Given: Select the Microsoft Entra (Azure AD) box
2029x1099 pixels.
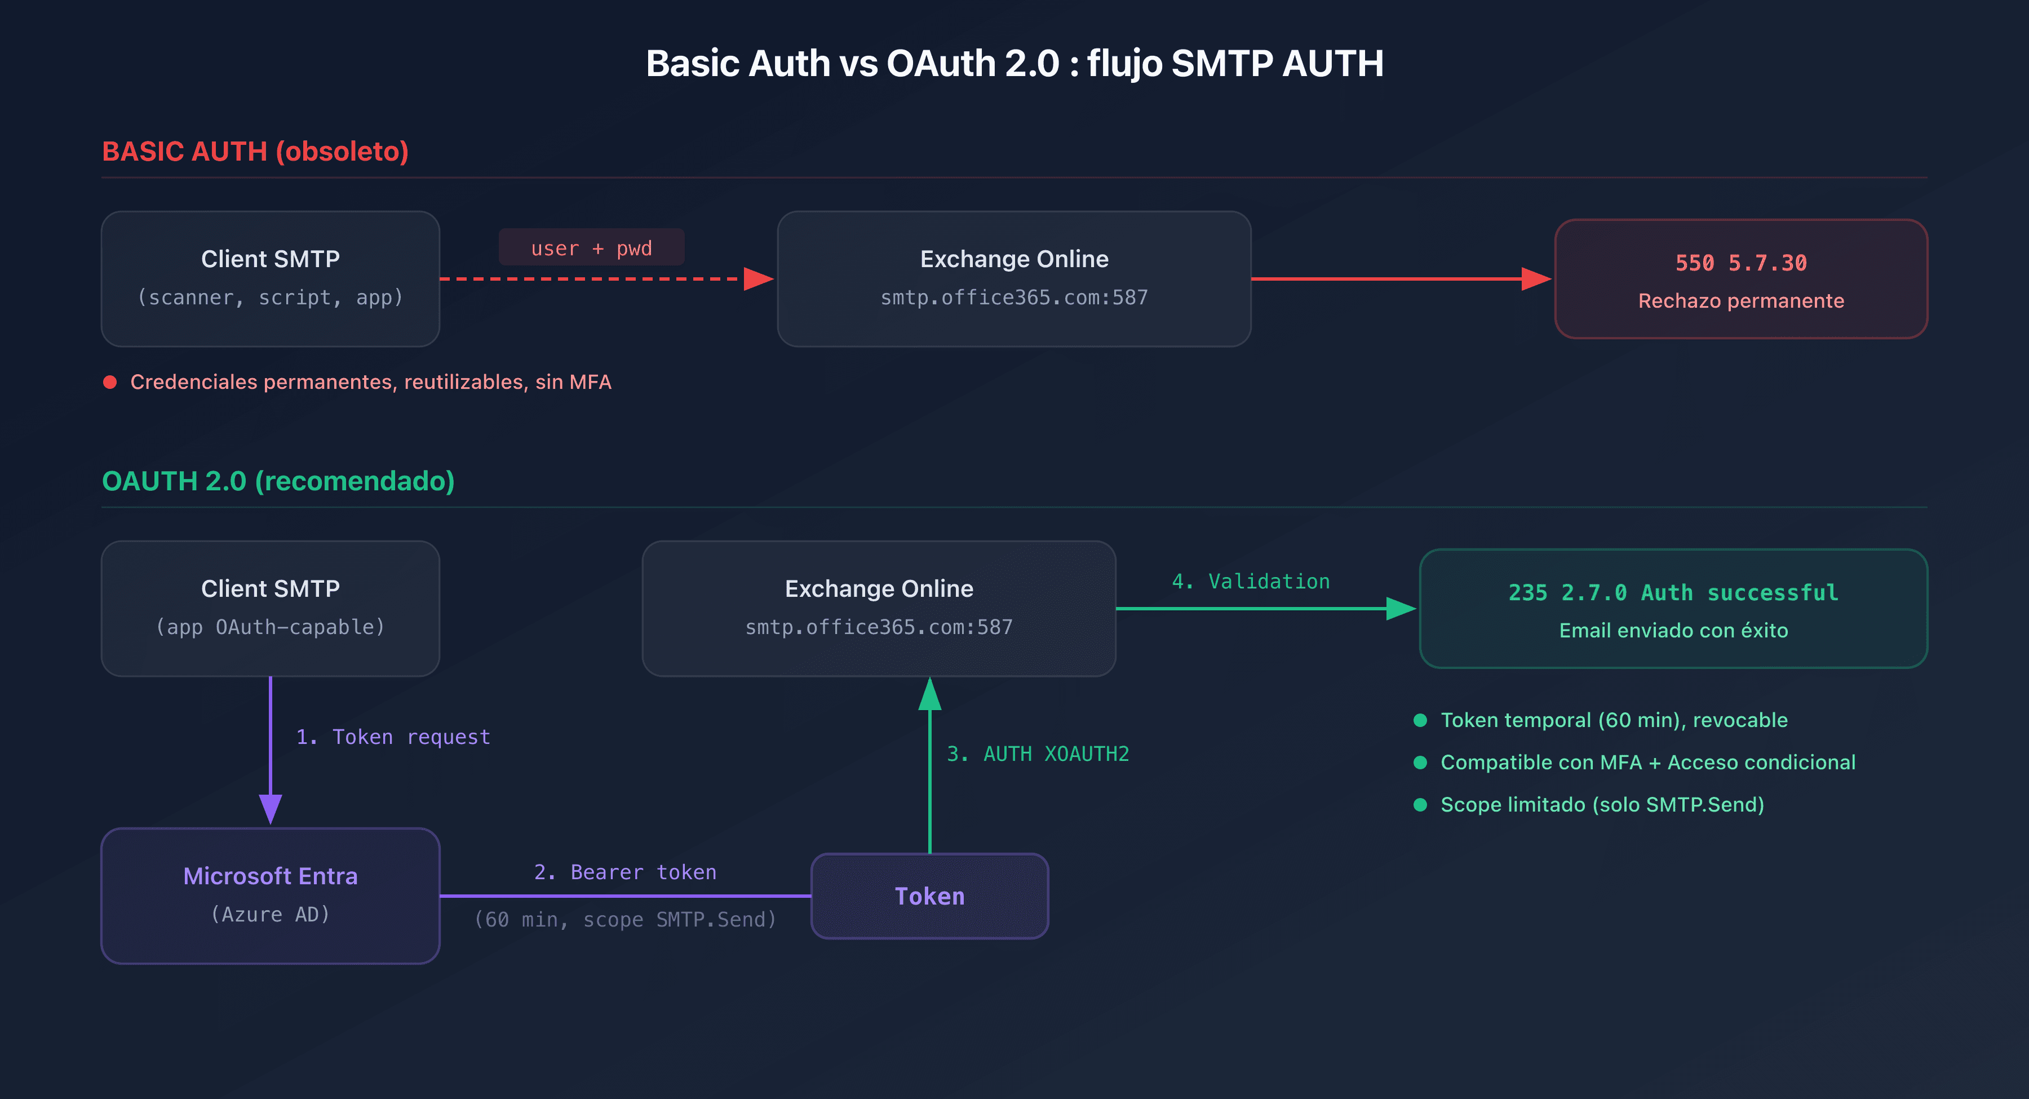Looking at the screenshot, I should pyautogui.click(x=270, y=895).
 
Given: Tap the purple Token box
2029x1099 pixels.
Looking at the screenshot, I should pyautogui.click(x=929, y=896).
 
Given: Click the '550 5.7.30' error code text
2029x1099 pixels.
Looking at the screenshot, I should pyautogui.click(x=1741, y=262).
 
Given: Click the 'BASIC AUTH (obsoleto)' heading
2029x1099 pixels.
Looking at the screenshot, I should pyautogui.click(x=255, y=151).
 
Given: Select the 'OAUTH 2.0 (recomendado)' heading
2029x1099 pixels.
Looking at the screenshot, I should pyautogui.click(x=278, y=481).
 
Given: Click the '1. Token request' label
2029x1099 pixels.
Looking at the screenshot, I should pyautogui.click(x=392, y=737).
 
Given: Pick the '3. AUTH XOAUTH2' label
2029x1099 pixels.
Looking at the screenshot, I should pyautogui.click(x=1038, y=754).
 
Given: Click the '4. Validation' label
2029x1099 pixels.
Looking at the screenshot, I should pyautogui.click(x=1250, y=582).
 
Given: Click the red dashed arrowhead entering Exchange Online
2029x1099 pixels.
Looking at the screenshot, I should pyautogui.click(x=757, y=279).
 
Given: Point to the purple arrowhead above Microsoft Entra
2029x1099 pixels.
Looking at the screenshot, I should pyautogui.click(x=270, y=808).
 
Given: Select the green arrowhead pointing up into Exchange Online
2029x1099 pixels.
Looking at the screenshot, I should pyautogui.click(x=929, y=695).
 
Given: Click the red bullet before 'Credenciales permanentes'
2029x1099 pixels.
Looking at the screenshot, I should pyautogui.click(x=110, y=382).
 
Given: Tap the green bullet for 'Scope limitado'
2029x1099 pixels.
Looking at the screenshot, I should pyautogui.click(x=1420, y=804).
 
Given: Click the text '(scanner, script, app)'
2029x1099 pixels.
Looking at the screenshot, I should pyautogui.click(x=270, y=297).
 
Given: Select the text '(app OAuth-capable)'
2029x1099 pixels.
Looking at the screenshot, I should pyautogui.click(x=270, y=627).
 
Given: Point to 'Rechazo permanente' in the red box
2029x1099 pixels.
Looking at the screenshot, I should pyautogui.click(x=1741, y=301).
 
